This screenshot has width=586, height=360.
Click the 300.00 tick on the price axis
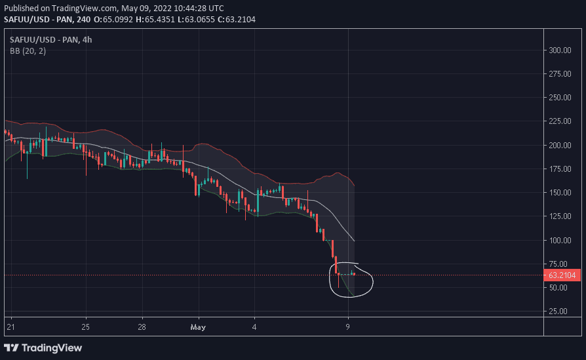coord(559,50)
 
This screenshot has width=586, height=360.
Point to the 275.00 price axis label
coord(559,74)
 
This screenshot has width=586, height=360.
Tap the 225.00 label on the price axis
coord(559,121)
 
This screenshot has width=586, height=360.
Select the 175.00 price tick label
coord(559,169)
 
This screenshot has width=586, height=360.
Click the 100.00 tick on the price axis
coord(559,240)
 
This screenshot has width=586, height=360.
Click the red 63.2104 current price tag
coord(562,275)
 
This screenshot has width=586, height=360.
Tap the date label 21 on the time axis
coord(10,326)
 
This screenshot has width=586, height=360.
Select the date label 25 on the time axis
coord(86,326)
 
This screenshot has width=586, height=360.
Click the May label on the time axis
coord(198,326)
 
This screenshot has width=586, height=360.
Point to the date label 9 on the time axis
coord(348,326)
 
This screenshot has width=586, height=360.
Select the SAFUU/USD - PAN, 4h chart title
coord(51,39)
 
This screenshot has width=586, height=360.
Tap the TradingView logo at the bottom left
coord(44,347)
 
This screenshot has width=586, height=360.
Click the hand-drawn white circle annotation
coord(372,281)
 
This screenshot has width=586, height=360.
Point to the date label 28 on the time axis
coord(142,326)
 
